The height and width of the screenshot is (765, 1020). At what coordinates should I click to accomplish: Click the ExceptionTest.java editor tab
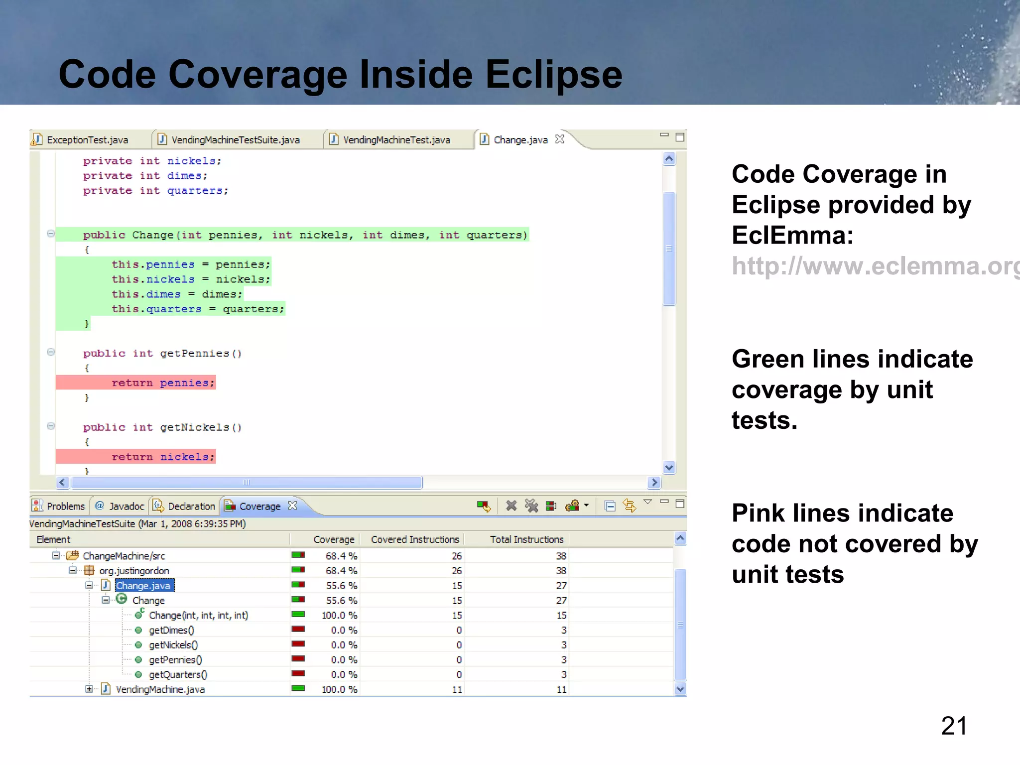(x=87, y=140)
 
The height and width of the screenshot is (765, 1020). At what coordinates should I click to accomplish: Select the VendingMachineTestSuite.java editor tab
(x=235, y=140)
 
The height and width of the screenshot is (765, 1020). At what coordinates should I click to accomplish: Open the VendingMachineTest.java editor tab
(x=396, y=140)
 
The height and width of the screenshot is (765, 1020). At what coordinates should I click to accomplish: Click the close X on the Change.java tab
(x=560, y=139)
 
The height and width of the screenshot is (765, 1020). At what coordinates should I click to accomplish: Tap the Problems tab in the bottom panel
(x=65, y=507)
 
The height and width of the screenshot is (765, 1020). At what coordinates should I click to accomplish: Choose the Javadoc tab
(x=126, y=507)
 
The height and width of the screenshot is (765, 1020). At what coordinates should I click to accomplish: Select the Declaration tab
(x=191, y=507)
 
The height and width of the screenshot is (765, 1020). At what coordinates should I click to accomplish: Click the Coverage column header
(x=334, y=539)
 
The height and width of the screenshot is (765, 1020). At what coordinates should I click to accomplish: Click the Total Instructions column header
(x=526, y=539)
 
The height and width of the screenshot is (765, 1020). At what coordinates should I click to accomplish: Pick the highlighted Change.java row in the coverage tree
(x=143, y=586)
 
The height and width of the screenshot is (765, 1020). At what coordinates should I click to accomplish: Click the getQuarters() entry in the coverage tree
(x=178, y=675)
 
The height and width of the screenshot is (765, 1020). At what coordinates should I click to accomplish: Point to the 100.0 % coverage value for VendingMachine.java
(x=339, y=690)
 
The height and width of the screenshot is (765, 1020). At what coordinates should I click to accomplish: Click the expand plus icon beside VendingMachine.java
(x=89, y=689)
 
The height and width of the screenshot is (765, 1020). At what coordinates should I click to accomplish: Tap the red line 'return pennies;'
(x=163, y=383)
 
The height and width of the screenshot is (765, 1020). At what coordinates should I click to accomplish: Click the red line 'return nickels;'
(x=163, y=457)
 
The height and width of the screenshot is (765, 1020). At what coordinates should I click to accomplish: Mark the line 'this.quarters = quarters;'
(x=198, y=309)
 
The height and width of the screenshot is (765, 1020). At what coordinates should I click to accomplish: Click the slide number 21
(x=953, y=726)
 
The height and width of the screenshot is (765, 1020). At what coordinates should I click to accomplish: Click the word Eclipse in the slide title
(x=553, y=75)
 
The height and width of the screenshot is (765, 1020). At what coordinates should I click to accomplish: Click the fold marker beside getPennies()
(x=51, y=353)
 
